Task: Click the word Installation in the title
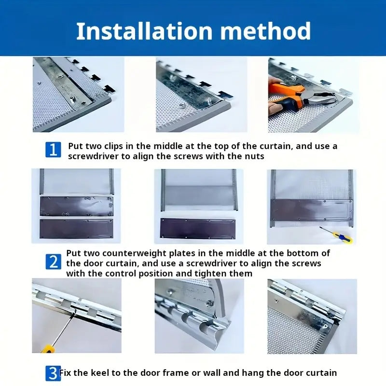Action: click(144, 31)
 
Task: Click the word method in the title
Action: click(265, 31)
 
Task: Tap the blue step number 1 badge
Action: click(53, 150)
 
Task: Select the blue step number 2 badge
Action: click(53, 262)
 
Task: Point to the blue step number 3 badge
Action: click(53, 373)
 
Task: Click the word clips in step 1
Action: click(113, 146)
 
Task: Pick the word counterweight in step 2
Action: click(135, 253)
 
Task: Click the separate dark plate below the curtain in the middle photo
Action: click(198, 228)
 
